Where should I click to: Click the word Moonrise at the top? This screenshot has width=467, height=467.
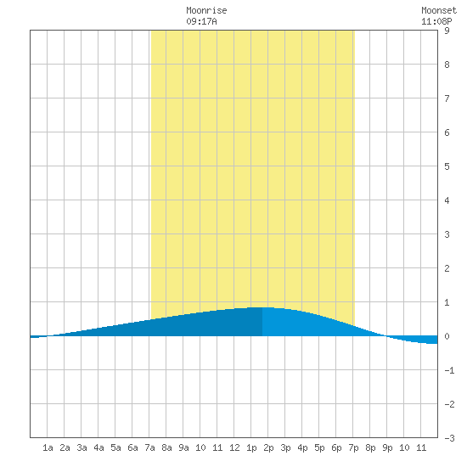(x=206, y=10)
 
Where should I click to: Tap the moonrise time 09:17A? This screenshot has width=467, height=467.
(x=201, y=21)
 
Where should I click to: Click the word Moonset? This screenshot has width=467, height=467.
(x=439, y=10)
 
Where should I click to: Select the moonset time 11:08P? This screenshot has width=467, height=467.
(x=436, y=21)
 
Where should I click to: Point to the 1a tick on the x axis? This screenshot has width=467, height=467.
(x=48, y=447)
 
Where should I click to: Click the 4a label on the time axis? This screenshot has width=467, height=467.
(x=98, y=447)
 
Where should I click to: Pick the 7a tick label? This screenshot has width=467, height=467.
(x=149, y=447)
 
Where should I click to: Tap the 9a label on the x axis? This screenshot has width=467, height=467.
(x=183, y=447)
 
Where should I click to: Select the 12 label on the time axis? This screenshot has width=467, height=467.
(x=234, y=447)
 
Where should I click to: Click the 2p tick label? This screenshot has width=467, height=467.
(x=268, y=447)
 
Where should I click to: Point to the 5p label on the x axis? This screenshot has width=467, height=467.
(x=319, y=447)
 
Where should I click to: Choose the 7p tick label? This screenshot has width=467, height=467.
(x=353, y=447)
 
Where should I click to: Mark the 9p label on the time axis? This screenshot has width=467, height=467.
(x=387, y=447)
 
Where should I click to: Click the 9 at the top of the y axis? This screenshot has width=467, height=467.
(x=447, y=31)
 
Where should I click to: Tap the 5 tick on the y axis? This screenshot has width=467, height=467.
(x=447, y=166)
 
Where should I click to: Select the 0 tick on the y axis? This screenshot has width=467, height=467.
(x=447, y=336)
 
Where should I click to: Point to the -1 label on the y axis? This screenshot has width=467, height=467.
(x=449, y=370)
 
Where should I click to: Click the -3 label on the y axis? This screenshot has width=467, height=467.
(x=449, y=438)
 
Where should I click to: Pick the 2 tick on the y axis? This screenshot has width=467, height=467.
(x=447, y=268)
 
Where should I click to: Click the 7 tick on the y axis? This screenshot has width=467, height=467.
(x=447, y=98)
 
